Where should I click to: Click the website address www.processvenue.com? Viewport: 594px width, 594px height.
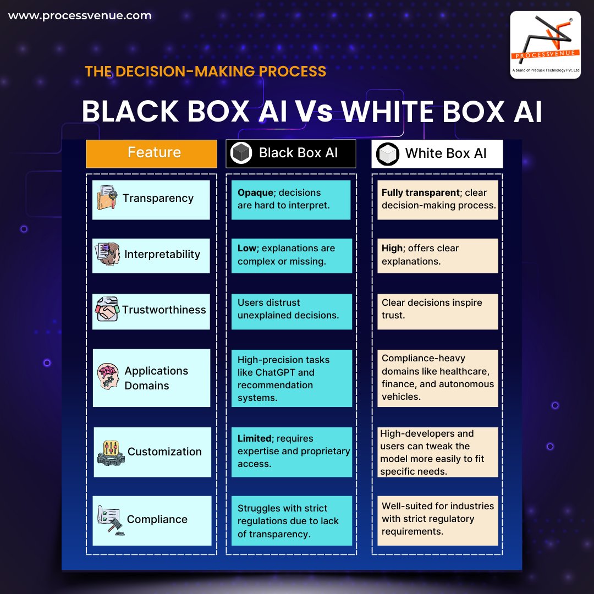[80, 16]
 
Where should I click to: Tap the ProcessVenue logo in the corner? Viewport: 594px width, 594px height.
[545, 45]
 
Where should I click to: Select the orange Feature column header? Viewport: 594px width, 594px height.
[152, 153]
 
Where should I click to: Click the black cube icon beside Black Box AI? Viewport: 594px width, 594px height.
[241, 153]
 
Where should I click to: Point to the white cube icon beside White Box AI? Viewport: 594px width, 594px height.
[388, 154]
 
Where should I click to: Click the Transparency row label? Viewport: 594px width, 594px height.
[158, 199]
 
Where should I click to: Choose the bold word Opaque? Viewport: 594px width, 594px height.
[255, 193]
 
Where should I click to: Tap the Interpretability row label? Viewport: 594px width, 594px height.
[162, 255]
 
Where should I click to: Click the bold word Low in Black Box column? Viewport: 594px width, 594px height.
[247, 249]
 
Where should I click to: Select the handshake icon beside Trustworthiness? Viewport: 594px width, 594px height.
[108, 310]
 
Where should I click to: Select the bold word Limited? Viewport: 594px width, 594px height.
[255, 438]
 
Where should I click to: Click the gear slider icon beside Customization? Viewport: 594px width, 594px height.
[110, 453]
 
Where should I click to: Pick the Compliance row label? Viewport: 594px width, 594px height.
[157, 520]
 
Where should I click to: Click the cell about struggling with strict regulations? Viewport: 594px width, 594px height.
[291, 520]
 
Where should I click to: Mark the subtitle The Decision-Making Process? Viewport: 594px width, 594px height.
[206, 71]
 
